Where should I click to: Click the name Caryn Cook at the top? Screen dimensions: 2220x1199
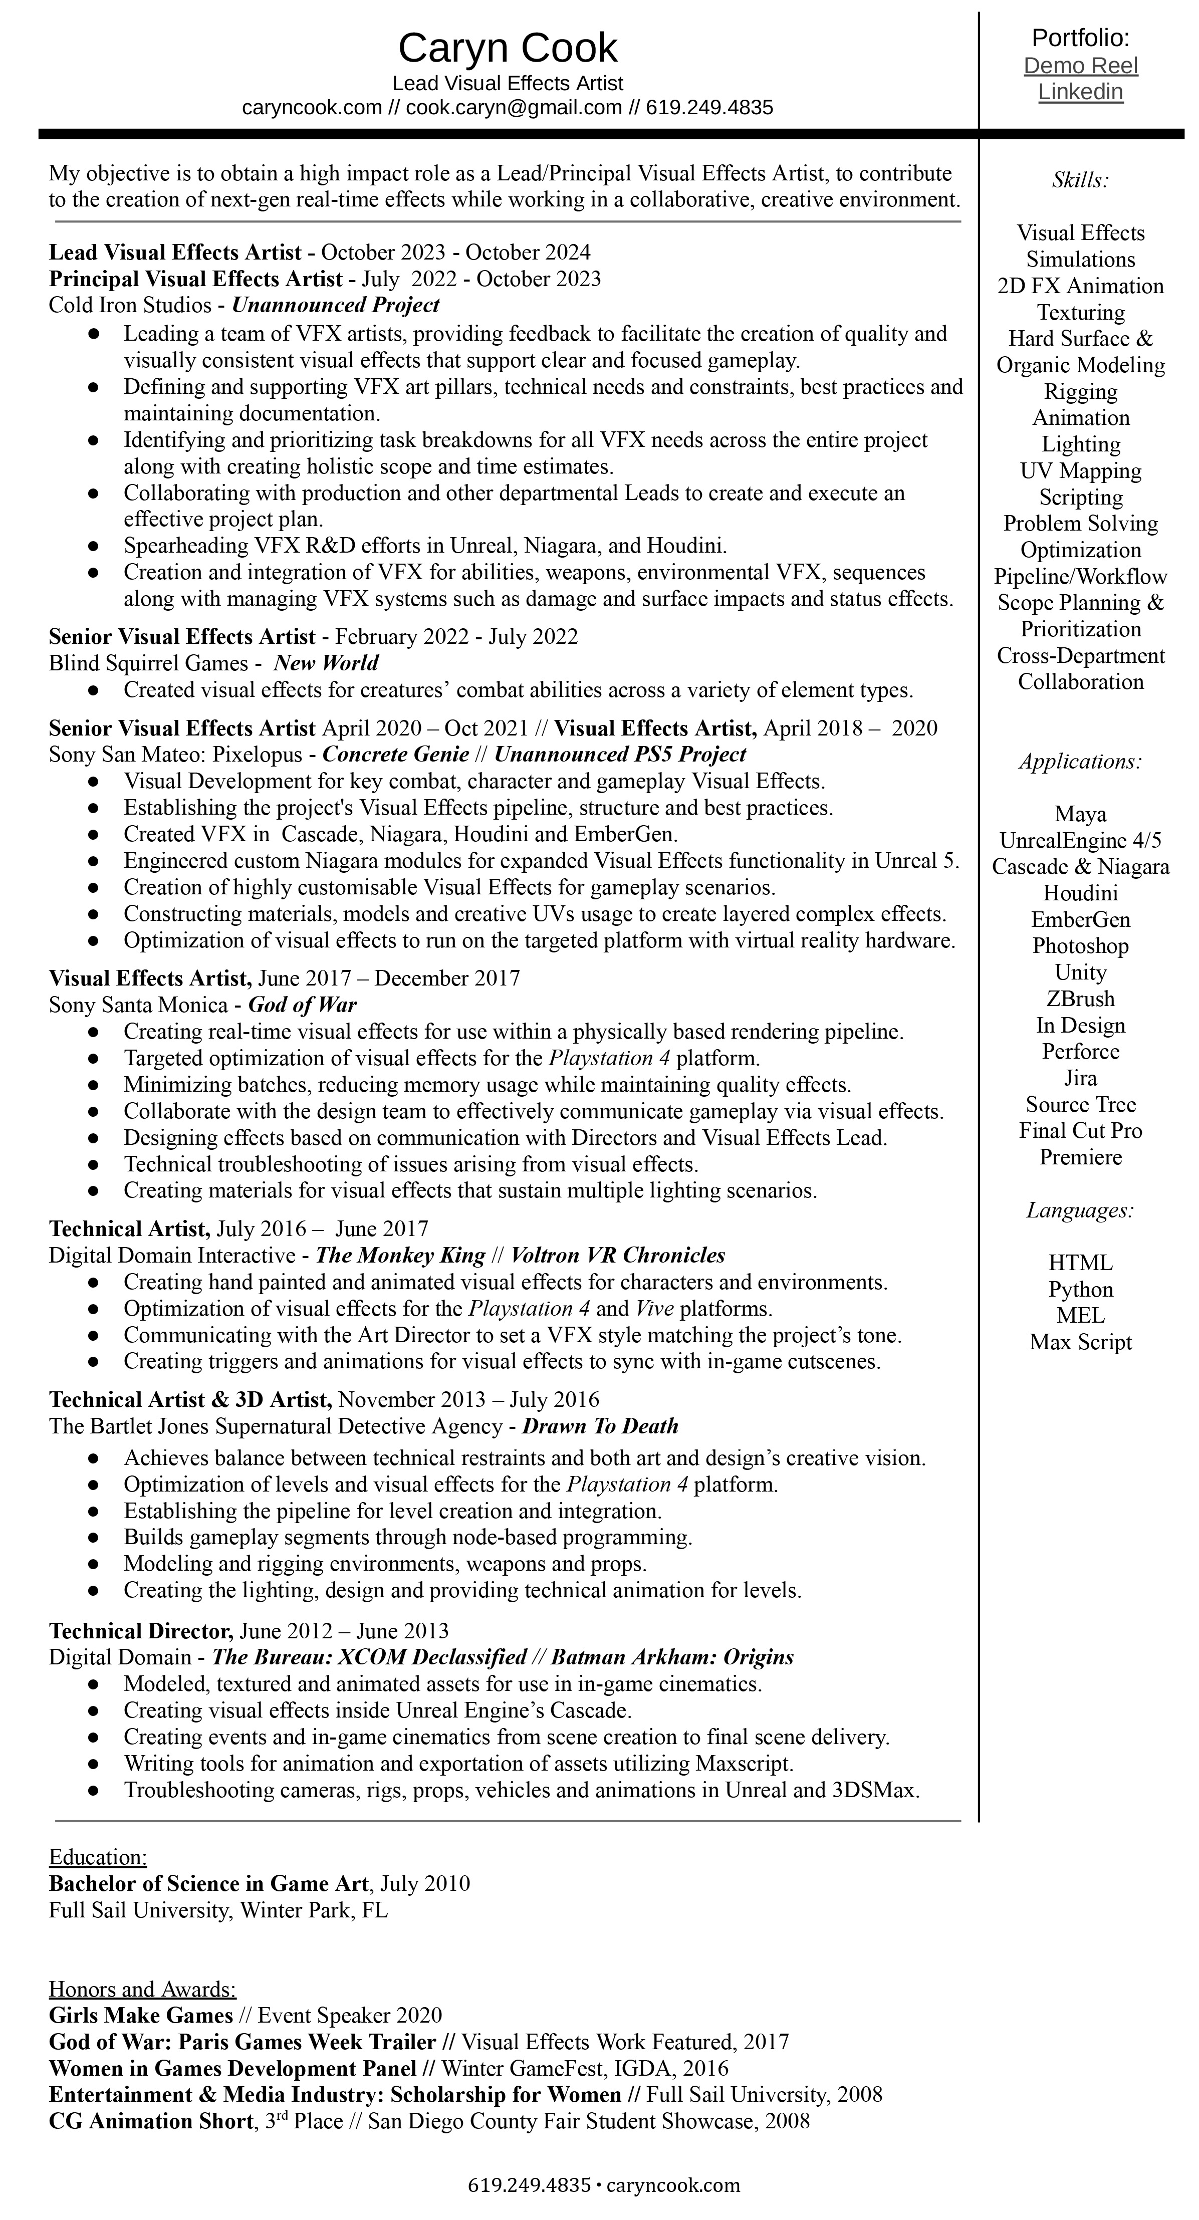coord(508,48)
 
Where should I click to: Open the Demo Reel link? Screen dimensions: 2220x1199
coord(1080,66)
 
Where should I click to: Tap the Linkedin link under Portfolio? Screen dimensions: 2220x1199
coord(1080,92)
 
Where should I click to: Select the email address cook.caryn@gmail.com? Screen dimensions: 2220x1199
coord(514,108)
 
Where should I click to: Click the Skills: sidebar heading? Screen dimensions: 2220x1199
coord(1080,180)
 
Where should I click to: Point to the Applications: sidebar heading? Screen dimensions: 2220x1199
coord(1080,762)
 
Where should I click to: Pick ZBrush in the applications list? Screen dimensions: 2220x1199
coord(1080,999)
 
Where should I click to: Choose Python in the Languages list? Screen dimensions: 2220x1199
coord(1080,1289)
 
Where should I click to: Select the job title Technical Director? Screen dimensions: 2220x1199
coord(140,1630)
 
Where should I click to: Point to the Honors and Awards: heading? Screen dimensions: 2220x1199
coord(142,1989)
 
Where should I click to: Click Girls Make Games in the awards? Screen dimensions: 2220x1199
coord(140,2015)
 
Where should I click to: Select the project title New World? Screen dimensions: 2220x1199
coord(326,663)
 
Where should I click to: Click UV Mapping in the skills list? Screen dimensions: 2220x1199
coord(1080,471)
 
